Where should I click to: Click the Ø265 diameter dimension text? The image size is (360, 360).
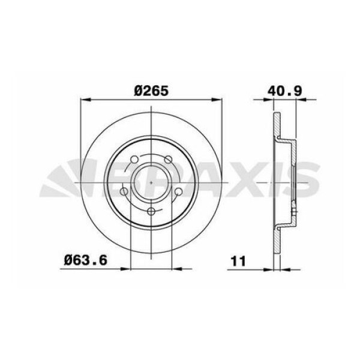pyautogui.click(x=152, y=90)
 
